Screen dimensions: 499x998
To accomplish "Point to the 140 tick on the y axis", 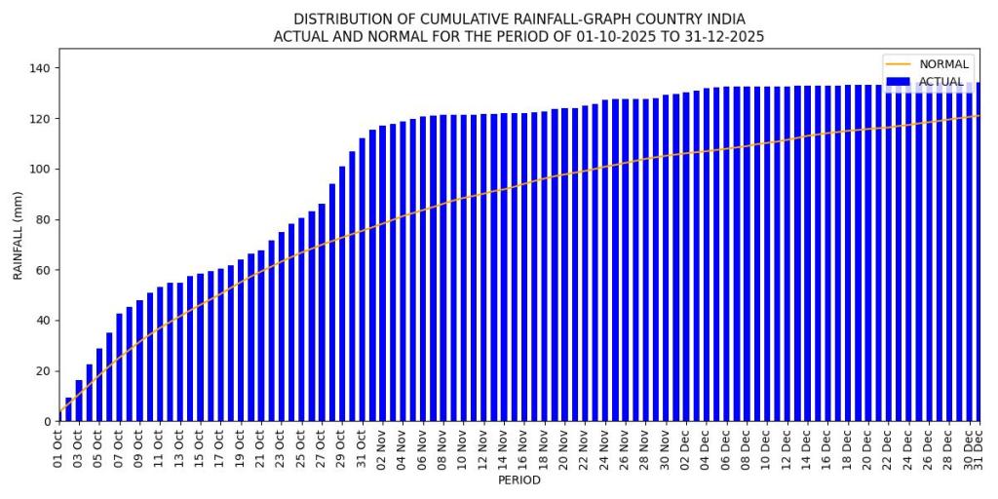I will point(43,68).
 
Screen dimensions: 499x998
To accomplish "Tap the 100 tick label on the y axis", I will point(43,170).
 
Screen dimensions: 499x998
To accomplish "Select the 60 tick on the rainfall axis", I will point(47,270).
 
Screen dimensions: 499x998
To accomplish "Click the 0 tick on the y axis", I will point(50,422).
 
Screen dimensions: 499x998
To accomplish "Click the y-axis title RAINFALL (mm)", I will point(18,235).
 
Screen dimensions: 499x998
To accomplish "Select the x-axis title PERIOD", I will point(518,480).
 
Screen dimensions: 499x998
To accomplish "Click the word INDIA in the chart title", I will point(725,19).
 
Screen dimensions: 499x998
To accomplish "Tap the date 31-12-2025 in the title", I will point(716,37).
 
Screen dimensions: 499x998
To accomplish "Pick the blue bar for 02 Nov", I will point(383,274).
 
